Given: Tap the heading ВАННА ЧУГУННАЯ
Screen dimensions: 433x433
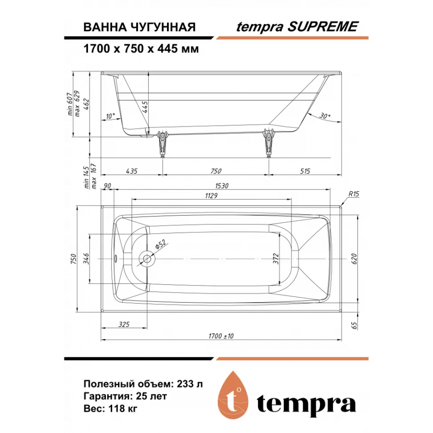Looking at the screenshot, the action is click(140, 27).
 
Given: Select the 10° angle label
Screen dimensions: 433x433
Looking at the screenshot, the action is click(110, 116).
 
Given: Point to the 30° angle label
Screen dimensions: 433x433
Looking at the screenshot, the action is click(325, 115).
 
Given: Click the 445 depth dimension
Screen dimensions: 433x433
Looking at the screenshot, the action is click(145, 107).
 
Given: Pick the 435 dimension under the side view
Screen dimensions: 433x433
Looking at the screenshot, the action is click(131, 171).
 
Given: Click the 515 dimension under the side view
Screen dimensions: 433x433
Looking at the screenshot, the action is click(305, 171).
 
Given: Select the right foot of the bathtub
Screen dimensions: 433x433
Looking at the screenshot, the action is click(268, 143).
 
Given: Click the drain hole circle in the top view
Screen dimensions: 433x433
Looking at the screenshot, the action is click(147, 259).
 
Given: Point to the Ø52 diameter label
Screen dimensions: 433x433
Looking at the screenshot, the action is click(161, 244).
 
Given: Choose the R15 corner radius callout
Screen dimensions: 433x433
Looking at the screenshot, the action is click(354, 194).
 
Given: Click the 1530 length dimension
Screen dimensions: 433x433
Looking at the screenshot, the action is click(222, 186).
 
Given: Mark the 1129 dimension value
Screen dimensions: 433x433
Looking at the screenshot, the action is click(211, 196).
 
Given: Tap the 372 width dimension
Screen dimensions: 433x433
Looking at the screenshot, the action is click(276, 259).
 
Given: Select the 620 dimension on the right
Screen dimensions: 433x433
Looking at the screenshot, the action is click(354, 259).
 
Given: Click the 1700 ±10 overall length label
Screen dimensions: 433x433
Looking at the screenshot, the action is click(221, 336).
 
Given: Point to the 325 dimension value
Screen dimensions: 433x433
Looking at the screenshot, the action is click(124, 324).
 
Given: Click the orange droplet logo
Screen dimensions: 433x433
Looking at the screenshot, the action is click(233, 395).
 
